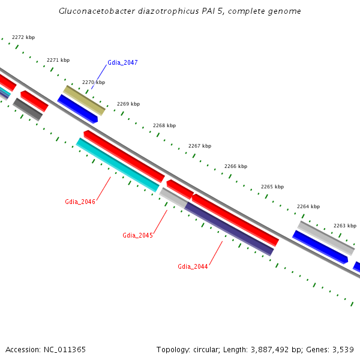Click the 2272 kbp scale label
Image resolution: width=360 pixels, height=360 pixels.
(23, 37)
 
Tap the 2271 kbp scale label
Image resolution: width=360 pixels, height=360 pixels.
(58, 60)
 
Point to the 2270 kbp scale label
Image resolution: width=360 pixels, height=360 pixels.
(94, 82)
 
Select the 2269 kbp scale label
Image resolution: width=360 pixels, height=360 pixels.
(128, 104)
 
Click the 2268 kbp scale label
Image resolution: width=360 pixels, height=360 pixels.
(164, 125)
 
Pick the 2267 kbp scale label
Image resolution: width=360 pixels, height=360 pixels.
(200, 146)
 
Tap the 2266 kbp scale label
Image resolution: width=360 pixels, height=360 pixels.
(236, 166)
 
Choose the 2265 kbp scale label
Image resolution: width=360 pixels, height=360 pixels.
(272, 187)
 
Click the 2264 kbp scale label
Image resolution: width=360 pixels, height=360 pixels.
(308, 206)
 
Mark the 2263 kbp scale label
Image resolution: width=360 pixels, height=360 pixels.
(345, 226)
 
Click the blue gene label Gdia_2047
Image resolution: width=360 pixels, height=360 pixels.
(122, 62)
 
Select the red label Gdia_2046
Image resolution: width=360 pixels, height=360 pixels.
(80, 202)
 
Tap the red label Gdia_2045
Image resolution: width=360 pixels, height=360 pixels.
(137, 235)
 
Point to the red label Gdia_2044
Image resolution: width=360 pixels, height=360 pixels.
(193, 266)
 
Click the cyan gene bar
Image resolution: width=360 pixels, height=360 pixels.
(118, 165)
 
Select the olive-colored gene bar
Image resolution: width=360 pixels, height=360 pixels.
(84, 100)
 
